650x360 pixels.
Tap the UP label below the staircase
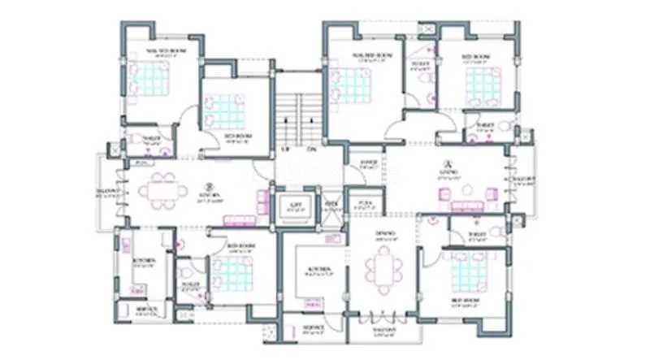285,150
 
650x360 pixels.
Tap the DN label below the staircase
310,150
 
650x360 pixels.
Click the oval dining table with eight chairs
383,269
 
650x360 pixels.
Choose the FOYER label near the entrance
368,162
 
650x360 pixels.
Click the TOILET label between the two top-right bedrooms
420,64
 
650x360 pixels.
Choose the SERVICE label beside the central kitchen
314,327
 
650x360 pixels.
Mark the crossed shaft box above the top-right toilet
425,30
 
